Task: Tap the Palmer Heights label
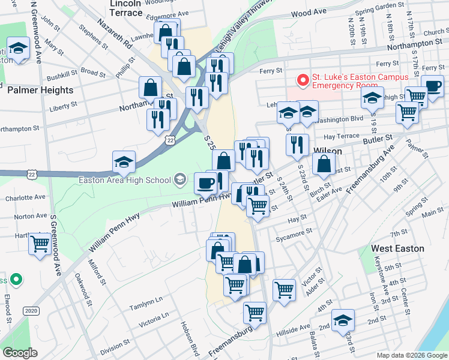(x=40, y=90)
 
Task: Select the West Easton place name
(x=397, y=248)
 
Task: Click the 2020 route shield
(x=31, y=311)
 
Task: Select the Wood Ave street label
(x=309, y=13)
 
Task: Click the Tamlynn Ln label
(x=146, y=304)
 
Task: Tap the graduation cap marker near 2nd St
(x=343, y=319)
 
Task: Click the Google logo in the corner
(x=20, y=353)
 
